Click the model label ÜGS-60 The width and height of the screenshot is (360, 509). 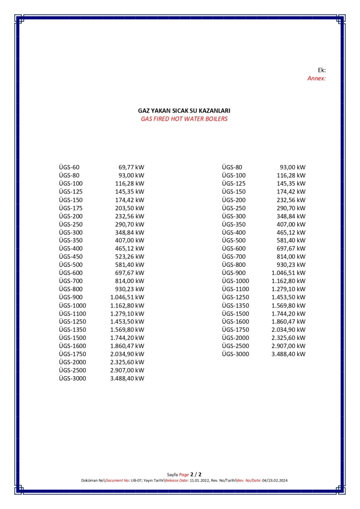pos(69,167)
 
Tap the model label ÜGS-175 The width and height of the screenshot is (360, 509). pos(71,208)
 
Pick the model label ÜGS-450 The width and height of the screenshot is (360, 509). pos(71,257)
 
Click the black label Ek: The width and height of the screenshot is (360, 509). pos(321,70)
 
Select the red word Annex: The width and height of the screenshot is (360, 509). pos(316,78)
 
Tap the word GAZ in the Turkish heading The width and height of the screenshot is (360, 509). pos(145,110)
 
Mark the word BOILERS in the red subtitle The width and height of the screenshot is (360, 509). pos(216,119)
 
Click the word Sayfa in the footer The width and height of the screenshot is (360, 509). pos(173,474)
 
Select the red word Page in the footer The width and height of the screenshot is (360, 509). pos(184,474)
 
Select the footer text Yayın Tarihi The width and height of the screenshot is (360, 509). pos(154,480)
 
